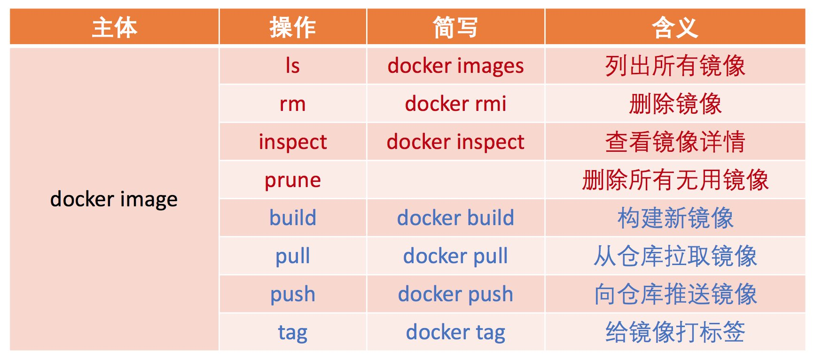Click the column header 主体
114,27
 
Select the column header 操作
293,27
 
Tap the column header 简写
455,27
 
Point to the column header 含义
675,27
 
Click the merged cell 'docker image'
114,199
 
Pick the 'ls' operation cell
293,65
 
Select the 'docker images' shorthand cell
455,65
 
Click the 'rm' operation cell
293,103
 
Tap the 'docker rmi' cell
455,103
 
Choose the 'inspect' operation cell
293,141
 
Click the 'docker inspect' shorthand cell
455,141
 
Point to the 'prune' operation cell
293,180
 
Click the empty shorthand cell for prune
455,180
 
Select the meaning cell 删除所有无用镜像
675,180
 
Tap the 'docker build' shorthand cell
455,218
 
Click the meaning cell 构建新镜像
675,218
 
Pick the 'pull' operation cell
293,256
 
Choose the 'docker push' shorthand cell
455,294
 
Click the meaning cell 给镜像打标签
675,332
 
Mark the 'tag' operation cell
293,332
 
